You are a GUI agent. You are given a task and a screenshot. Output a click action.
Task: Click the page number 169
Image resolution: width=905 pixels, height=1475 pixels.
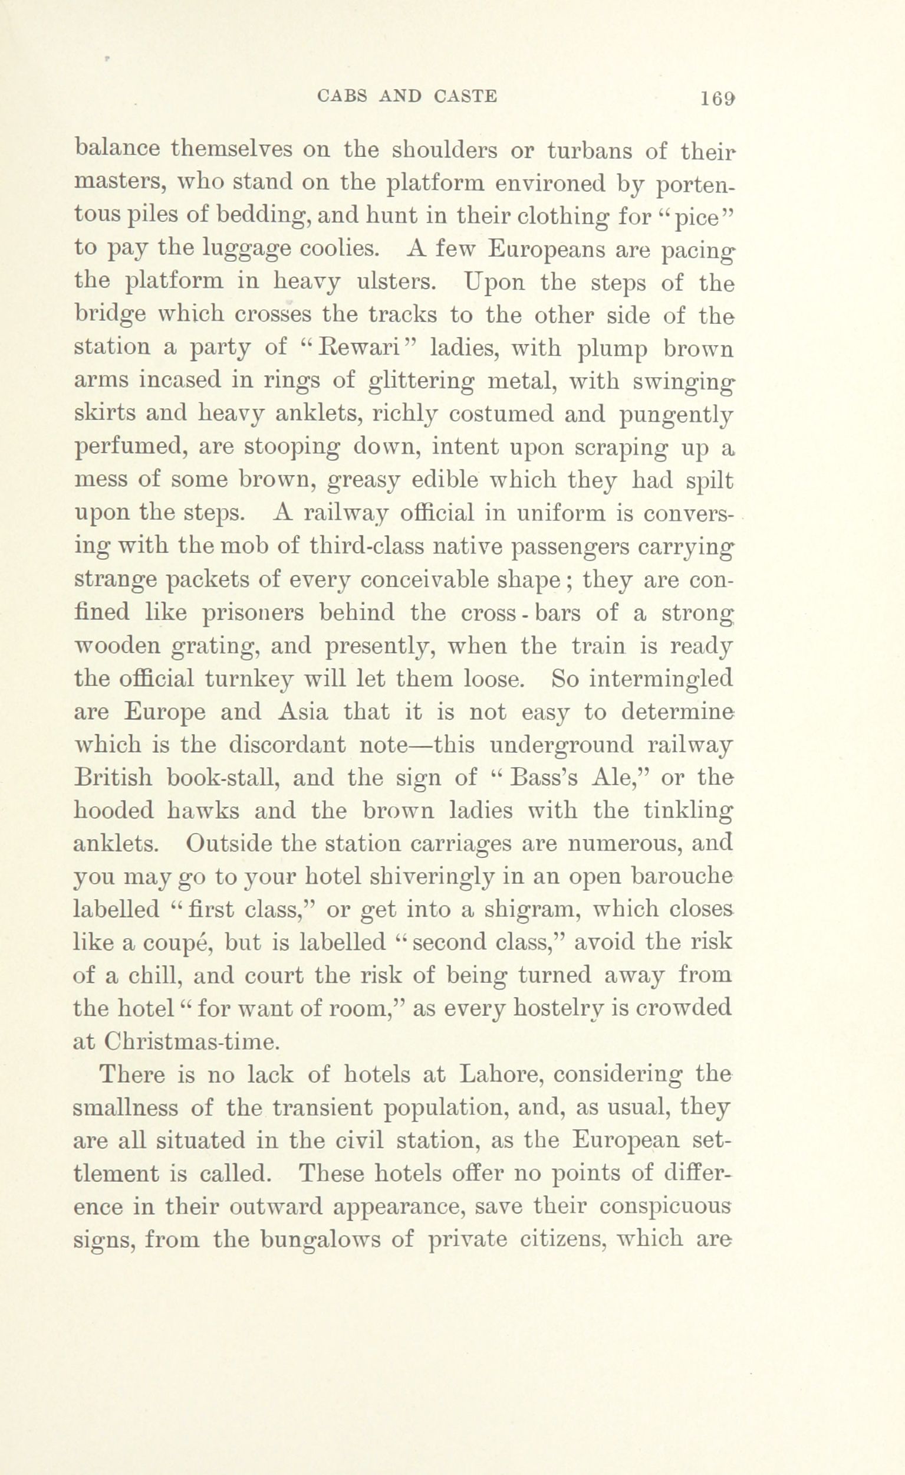coord(718,97)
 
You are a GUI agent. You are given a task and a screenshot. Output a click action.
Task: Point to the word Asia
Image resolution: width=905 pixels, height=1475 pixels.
coord(303,712)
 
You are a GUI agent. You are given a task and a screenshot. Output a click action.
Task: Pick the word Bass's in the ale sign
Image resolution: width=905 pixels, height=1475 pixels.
coord(543,778)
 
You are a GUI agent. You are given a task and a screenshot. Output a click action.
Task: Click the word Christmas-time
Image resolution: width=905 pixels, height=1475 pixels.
coord(192,1042)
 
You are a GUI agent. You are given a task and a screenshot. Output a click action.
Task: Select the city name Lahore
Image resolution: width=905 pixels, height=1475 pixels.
coord(499,1075)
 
